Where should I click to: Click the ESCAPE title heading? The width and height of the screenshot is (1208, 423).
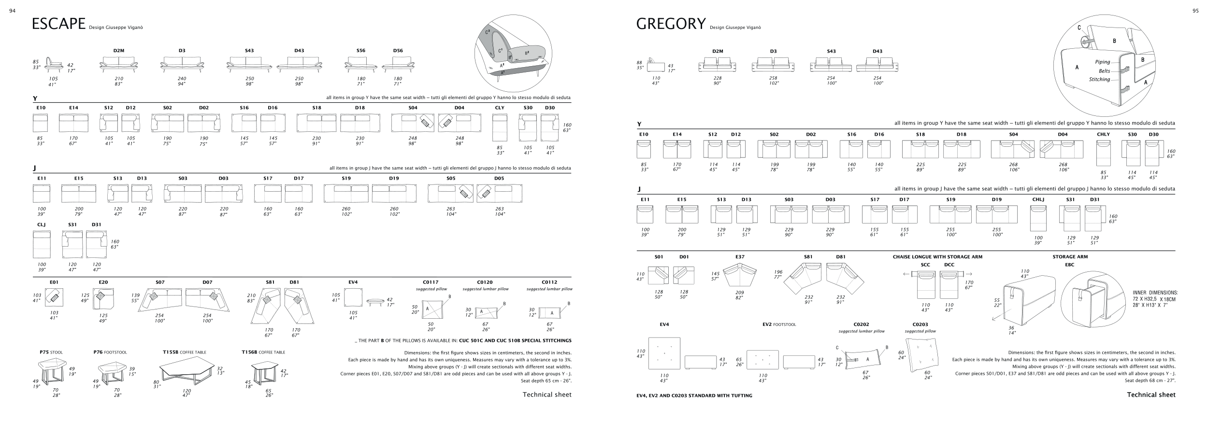coord(58,24)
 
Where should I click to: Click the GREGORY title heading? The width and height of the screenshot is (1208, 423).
coord(671,24)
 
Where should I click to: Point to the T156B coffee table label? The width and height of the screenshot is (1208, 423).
coord(263,352)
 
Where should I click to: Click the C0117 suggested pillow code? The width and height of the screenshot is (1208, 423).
coord(431,282)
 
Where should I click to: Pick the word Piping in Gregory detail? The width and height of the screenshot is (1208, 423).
coord(1102,62)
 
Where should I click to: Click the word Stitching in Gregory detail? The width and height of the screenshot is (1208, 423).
coord(1099,79)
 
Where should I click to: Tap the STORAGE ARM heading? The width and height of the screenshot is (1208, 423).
coord(1070,257)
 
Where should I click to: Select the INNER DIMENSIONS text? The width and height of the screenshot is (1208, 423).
coord(1154,293)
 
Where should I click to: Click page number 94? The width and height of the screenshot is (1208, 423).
coord(13,11)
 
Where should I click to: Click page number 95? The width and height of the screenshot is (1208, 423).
coord(1195,11)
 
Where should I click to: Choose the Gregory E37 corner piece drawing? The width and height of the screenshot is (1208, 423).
coord(739,276)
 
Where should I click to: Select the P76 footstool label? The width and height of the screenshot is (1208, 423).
coord(110,352)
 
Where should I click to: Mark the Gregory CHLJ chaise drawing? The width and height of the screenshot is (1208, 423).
coord(1038,218)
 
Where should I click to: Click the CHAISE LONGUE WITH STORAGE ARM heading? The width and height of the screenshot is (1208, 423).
coord(937,257)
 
